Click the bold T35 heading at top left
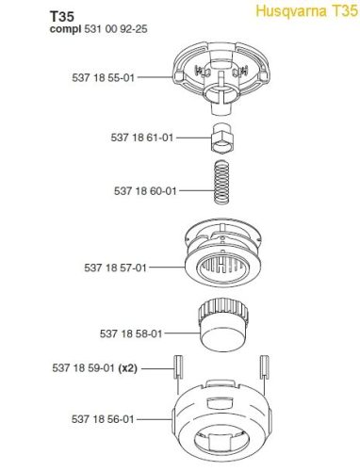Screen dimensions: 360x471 click(x=61, y=16)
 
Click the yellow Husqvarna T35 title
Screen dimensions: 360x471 click(x=306, y=11)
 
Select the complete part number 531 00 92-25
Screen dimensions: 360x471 click(x=116, y=29)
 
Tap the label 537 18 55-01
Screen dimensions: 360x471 click(x=104, y=77)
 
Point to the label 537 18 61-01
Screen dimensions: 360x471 click(x=142, y=138)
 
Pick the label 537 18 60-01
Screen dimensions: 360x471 click(x=145, y=191)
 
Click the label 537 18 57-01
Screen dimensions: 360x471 click(x=115, y=268)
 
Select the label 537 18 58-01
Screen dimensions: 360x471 click(x=131, y=333)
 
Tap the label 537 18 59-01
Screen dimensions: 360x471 click(x=83, y=368)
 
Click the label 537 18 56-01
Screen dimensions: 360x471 click(x=103, y=419)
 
